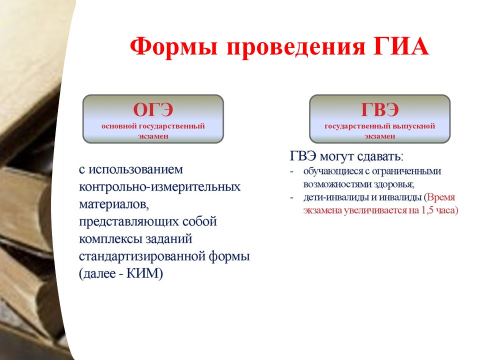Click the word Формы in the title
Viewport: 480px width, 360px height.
(x=173, y=47)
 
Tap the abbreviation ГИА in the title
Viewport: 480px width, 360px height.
(x=401, y=46)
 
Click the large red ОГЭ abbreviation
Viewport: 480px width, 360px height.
(x=153, y=109)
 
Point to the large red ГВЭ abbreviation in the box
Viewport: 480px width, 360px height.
(x=379, y=109)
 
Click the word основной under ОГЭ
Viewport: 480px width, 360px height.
(x=119, y=126)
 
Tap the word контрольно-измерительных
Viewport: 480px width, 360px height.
(x=160, y=186)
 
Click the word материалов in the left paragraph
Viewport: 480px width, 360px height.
(x=114, y=204)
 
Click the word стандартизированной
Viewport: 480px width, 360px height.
(x=142, y=256)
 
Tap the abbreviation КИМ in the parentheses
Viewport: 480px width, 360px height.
(x=143, y=273)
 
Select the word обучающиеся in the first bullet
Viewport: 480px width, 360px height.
(x=333, y=171)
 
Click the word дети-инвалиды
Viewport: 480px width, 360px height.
(x=336, y=197)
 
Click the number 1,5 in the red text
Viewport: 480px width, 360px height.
(x=427, y=210)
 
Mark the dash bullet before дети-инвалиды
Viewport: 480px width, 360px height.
(x=291, y=198)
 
